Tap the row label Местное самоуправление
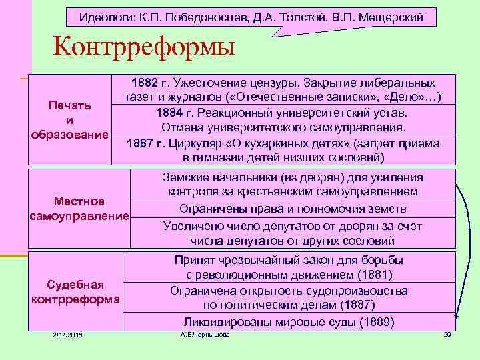(79, 209)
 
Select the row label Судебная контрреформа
(75, 291)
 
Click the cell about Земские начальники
(293, 185)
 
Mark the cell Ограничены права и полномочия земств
(293, 209)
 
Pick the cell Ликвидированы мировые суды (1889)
(289, 321)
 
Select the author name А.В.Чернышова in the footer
(205, 334)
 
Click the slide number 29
(447, 334)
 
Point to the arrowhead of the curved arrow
(457, 319)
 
